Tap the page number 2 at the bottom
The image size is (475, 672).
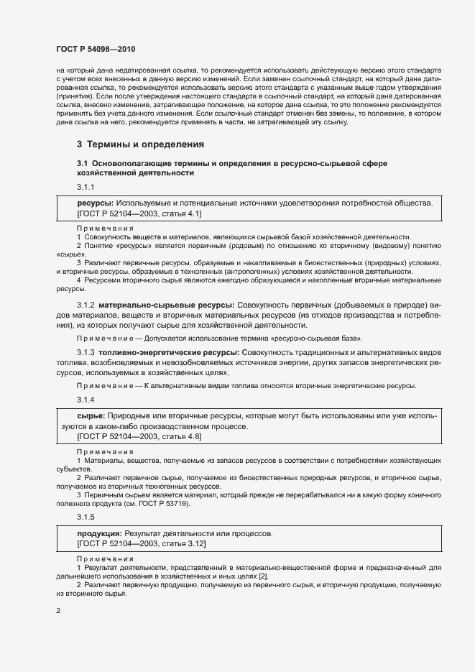point(58,611)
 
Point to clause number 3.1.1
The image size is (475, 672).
point(86,188)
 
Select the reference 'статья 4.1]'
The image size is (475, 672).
point(181,213)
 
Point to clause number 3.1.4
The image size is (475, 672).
point(86,399)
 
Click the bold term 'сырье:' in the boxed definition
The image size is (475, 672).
point(91,416)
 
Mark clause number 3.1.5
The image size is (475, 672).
point(86,516)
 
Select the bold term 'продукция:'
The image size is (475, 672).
point(99,534)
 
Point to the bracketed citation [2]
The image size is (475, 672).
point(263,576)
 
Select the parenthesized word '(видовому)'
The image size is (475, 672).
point(387,245)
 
